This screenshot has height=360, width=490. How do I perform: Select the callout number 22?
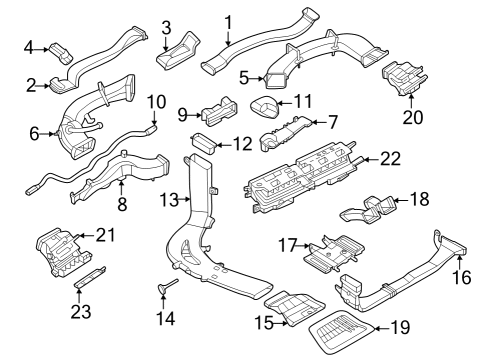point(390,159)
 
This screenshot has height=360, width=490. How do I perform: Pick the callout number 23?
point(80,310)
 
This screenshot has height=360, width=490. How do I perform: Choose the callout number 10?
point(157,101)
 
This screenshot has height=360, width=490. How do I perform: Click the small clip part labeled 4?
point(61,47)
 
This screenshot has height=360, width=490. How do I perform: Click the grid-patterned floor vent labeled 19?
point(342,335)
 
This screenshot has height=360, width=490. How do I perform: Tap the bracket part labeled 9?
point(218,113)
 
